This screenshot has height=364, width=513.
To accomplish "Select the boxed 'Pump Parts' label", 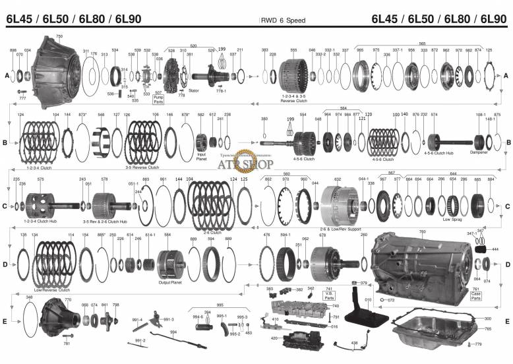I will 158,100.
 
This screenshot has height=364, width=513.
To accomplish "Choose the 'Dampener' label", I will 479,152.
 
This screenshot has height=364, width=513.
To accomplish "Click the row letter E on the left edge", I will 6,321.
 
